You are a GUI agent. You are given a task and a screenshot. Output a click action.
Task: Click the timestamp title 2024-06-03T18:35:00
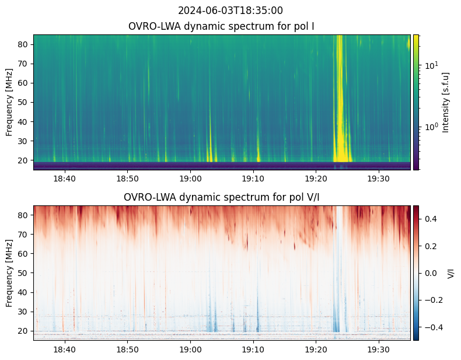point(230,11)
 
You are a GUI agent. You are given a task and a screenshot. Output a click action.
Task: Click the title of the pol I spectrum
point(222,26)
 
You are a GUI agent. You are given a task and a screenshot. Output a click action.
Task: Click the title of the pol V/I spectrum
point(222,197)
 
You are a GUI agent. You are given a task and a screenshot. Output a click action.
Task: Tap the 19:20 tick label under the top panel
point(316,178)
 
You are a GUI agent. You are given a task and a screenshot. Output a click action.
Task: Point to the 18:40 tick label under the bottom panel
point(65,349)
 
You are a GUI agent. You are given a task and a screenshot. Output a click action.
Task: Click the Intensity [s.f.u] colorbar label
point(446,102)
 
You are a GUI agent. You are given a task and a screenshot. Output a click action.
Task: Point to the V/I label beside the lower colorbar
point(450,272)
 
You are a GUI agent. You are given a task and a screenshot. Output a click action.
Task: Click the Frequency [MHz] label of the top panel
point(9,102)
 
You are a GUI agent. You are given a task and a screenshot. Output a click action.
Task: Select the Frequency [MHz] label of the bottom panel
point(9,273)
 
